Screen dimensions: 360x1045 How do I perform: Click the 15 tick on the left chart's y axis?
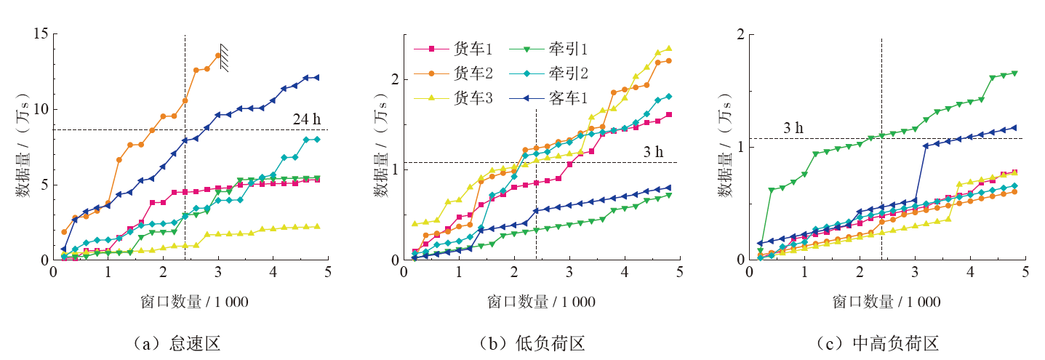[x=41, y=33]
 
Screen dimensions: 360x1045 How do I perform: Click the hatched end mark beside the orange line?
[x=228, y=58]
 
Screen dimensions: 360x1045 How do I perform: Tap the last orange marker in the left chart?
[x=218, y=55]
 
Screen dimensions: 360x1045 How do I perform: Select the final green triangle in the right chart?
[x=1014, y=73]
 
